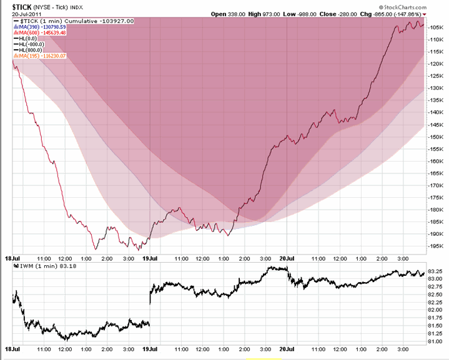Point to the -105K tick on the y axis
(437, 27)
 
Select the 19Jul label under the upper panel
(149, 257)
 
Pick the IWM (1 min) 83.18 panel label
(42, 266)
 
